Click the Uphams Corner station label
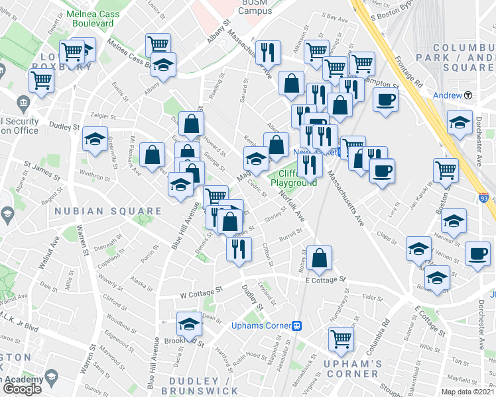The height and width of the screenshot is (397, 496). tap(261, 326)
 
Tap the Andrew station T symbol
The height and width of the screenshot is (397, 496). tap(468, 95)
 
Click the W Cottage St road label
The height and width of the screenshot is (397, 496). tap(200, 292)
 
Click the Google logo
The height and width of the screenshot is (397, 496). tap(23, 388)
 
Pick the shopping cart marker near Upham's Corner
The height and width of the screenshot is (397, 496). tap(341, 338)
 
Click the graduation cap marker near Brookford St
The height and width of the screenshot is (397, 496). tap(189, 325)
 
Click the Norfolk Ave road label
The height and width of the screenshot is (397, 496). tap(292, 206)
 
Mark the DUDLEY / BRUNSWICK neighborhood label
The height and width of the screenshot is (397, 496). tap(203, 386)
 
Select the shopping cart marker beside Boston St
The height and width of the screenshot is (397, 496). tap(446, 169)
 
